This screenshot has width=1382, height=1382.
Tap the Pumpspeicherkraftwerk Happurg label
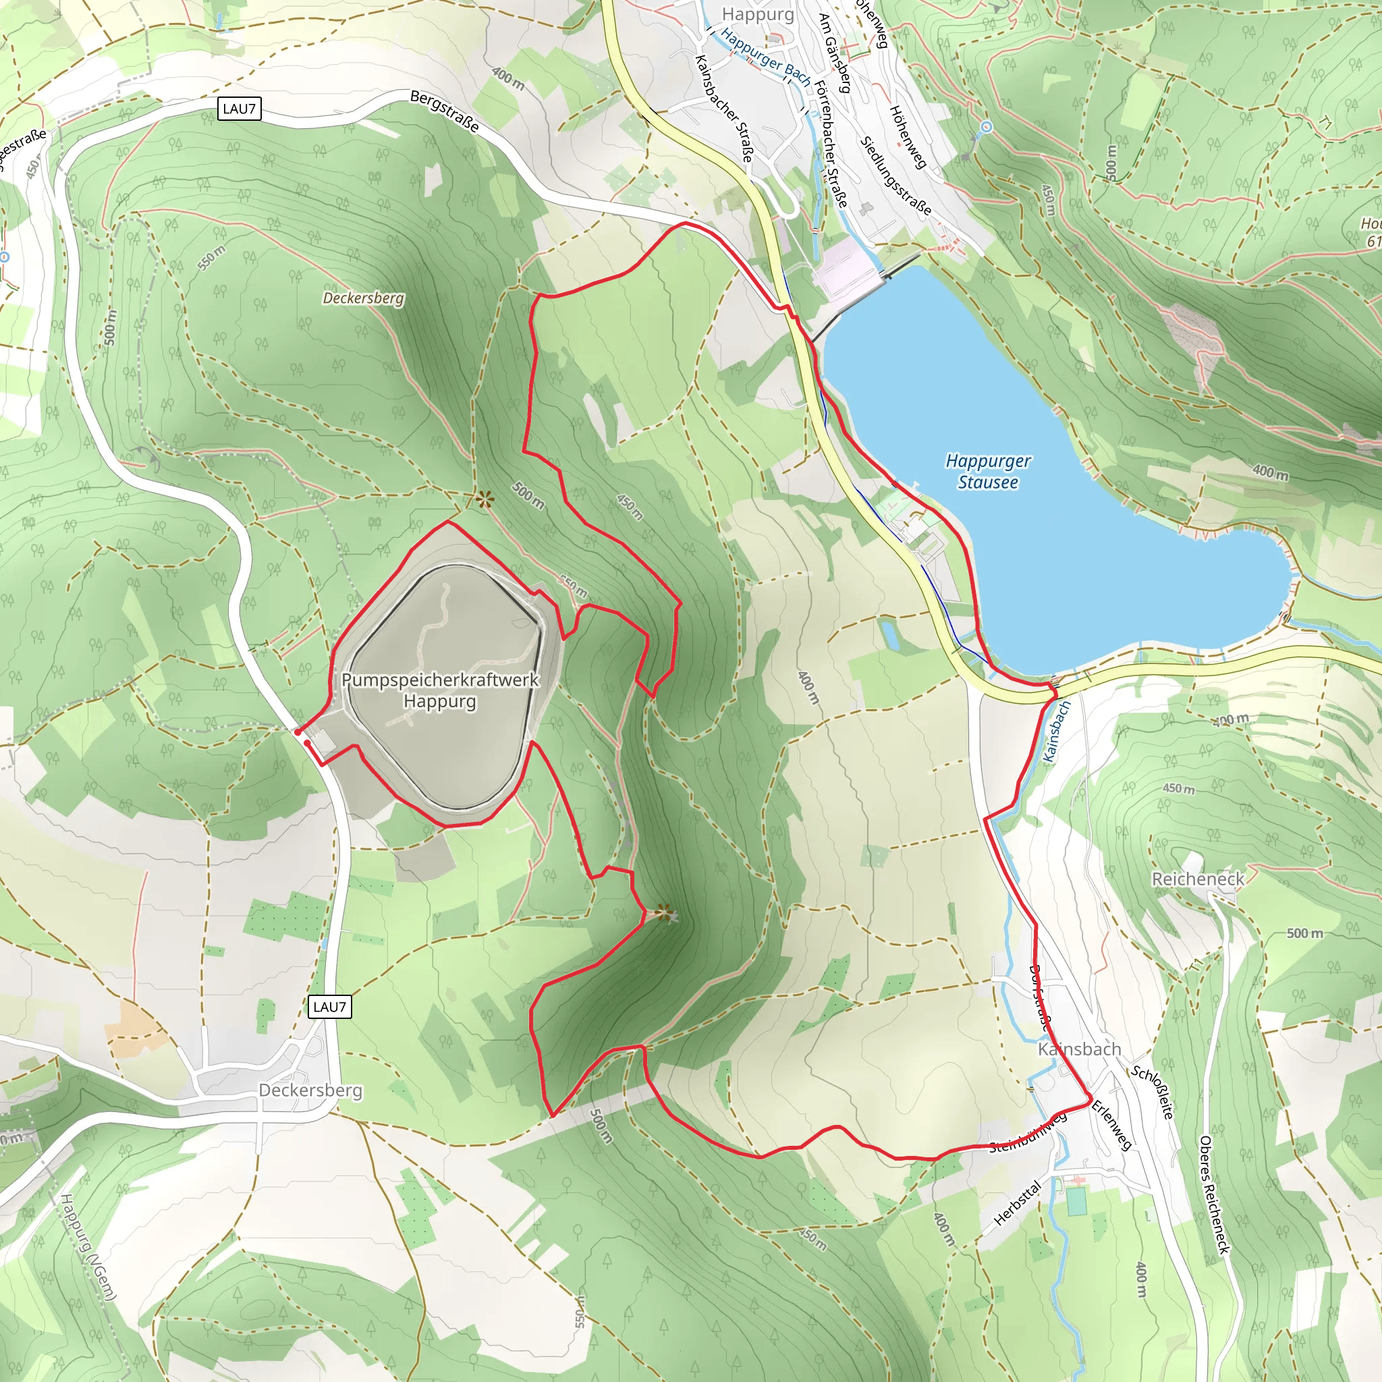coord(440,690)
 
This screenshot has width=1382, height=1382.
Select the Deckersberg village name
coord(310,1090)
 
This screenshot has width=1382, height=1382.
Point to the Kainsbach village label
coord(1079,1049)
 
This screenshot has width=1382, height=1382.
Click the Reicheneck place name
coord(1198,879)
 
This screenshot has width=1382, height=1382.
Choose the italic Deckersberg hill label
coord(364,298)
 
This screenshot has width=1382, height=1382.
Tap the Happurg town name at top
coord(758,14)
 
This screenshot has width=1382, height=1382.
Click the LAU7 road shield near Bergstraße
coord(239,109)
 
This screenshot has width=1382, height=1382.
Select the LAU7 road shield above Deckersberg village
coord(330,1007)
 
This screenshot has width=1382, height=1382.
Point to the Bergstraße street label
coord(444,111)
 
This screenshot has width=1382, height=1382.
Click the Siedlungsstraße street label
coord(896,176)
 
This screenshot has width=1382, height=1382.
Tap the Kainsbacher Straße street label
coord(724,108)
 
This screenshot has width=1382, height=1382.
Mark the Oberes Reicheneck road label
coord(1215,1194)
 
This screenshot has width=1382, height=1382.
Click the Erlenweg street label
coord(1111,1126)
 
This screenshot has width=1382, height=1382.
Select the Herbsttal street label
coord(1017,1202)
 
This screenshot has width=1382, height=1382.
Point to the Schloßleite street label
coord(1152,1093)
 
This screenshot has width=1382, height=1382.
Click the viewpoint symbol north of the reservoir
coord(485,499)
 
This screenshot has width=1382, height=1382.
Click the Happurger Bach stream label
coord(765,57)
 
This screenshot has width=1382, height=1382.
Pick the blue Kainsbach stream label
coord(1057,731)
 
